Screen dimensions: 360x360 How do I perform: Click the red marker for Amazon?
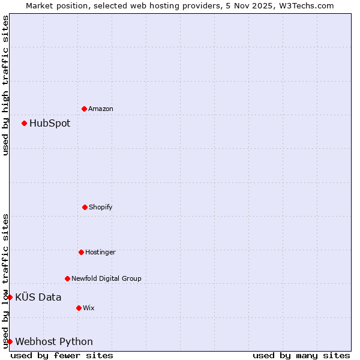coord(84,109)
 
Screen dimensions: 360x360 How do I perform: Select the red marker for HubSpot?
coord(24,123)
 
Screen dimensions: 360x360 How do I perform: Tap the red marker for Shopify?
coord(85,207)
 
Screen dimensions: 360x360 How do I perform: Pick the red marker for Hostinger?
coord(81,252)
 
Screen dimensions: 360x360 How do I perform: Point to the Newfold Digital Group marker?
coord(67,278)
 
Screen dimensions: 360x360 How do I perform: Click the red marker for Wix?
coord(79,308)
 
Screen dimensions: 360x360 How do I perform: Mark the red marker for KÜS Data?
coord(10,297)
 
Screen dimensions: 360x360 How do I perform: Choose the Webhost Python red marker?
coord(10,341)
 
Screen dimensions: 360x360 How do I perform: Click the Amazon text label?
coord(101,109)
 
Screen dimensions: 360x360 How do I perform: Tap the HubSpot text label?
coord(50,123)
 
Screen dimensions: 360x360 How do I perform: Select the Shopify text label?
coord(101,207)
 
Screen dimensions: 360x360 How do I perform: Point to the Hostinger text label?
coord(100,252)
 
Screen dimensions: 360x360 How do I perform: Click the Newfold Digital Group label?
coord(106,278)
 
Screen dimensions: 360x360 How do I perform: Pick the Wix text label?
coord(89,308)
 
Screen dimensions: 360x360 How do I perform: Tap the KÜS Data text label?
coord(38,297)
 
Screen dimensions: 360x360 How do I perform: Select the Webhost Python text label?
coord(54,341)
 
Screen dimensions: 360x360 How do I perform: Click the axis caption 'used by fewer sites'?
coord(62,355)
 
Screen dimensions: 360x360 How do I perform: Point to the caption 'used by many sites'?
coord(301,355)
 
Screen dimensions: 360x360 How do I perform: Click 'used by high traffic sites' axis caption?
coord(5,85)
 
